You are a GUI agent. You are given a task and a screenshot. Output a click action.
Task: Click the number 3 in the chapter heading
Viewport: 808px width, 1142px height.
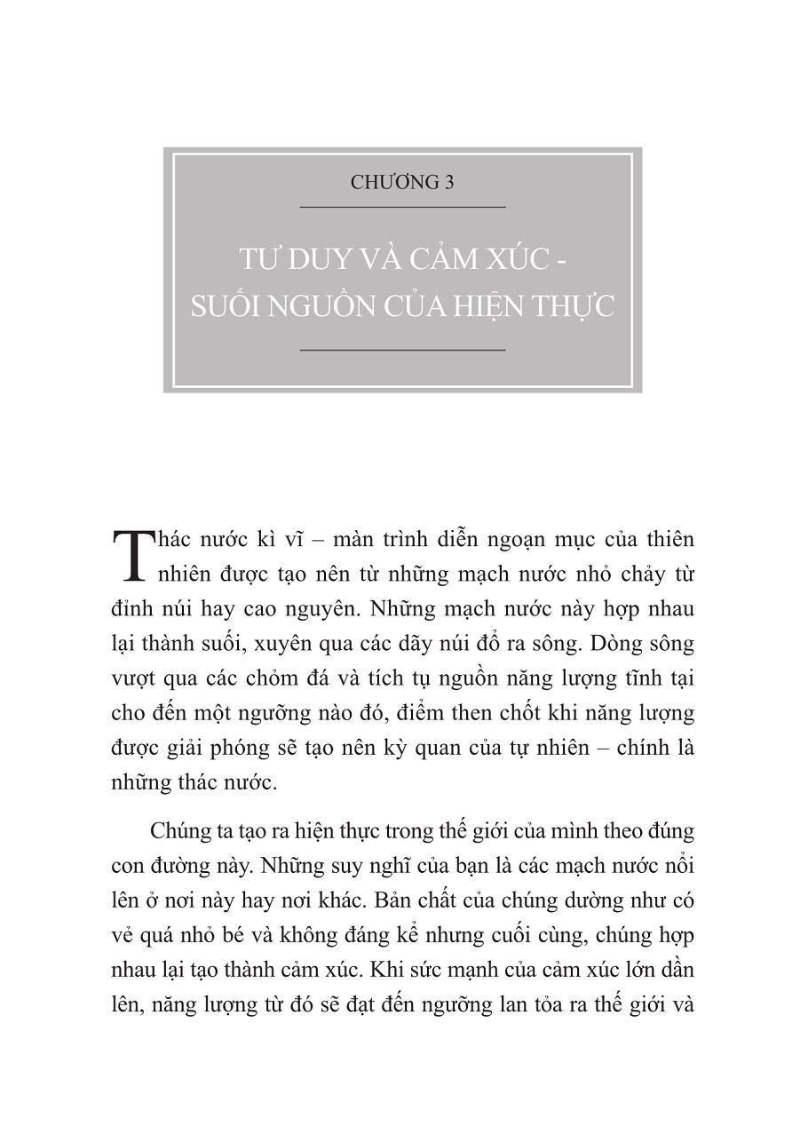point(448,183)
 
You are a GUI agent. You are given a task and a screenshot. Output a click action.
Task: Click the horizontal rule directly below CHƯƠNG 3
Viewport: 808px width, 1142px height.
point(402,207)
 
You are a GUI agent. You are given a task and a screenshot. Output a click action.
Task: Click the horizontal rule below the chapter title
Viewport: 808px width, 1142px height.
point(402,350)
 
